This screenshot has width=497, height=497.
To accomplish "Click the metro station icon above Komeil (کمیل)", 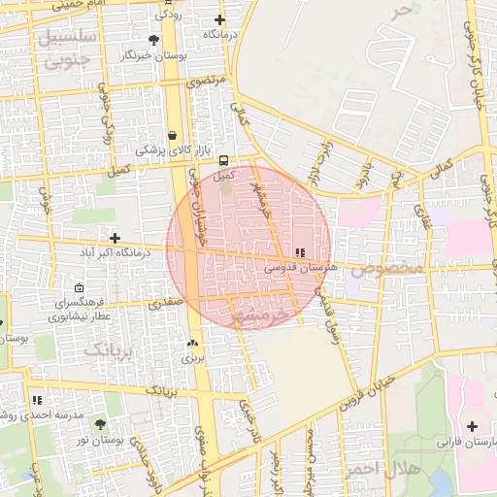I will pyautogui.click(x=224, y=160).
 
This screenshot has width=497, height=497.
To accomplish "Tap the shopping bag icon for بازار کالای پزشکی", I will pyautogui.click(x=173, y=135).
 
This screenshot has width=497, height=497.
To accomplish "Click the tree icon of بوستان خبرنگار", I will pyautogui.click(x=153, y=40).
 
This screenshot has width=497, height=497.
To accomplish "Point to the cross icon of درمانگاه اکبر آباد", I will pyautogui.click(x=115, y=238).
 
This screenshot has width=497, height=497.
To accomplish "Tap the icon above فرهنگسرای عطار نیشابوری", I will pyautogui.click(x=80, y=288).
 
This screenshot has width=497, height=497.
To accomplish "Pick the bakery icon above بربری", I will pyautogui.click(x=191, y=344).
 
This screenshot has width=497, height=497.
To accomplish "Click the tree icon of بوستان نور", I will pyautogui.click(x=101, y=425).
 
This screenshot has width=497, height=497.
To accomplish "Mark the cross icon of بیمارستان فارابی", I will pyautogui.click(x=472, y=426).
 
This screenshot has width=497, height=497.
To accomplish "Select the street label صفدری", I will pyautogui.click(x=165, y=303).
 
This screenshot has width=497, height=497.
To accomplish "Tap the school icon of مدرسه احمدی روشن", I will pyautogui.click(x=37, y=400).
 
